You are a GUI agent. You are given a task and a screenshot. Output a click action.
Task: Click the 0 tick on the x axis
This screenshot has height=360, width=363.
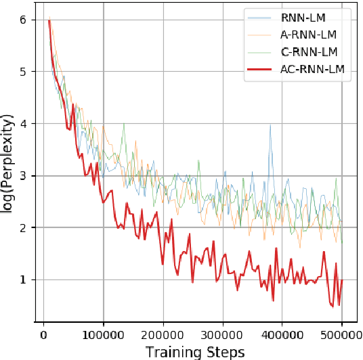[x=44, y=334]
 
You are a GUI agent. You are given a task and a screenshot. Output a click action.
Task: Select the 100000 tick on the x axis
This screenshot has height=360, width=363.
[x=104, y=334]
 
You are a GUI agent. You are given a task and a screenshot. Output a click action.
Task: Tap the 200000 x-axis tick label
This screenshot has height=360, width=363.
[x=163, y=334]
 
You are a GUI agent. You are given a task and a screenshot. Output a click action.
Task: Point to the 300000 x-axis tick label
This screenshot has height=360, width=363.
[x=223, y=334]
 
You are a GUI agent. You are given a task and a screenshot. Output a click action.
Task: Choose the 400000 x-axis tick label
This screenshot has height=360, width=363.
[x=282, y=334]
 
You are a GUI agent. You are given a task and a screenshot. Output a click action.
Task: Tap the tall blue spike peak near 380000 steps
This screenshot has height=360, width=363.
[x=270, y=125]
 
